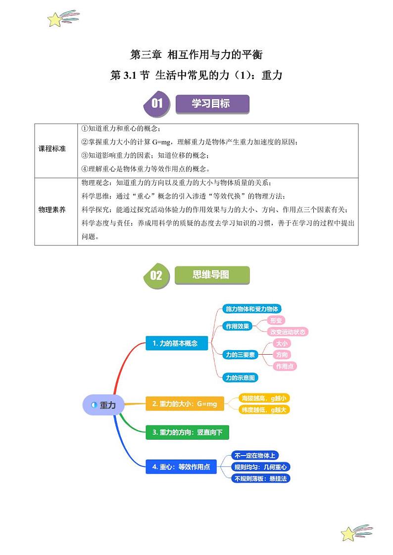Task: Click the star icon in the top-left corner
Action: click(55, 19)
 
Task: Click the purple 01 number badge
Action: click(156, 103)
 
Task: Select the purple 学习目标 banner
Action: click(211, 103)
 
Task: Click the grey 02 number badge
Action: click(156, 276)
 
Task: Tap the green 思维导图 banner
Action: click(211, 275)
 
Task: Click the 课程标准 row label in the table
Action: click(52, 149)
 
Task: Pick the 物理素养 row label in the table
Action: click(52, 210)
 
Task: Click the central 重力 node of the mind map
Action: click(103, 405)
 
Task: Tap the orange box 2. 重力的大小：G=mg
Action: click(185, 404)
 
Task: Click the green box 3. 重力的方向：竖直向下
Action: click(188, 432)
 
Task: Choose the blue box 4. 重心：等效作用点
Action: click(181, 466)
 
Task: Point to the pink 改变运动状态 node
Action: click(288, 331)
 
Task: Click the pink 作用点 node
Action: click(285, 366)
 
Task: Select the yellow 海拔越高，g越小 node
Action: click(264, 398)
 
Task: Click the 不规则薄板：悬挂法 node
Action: click(261, 478)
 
